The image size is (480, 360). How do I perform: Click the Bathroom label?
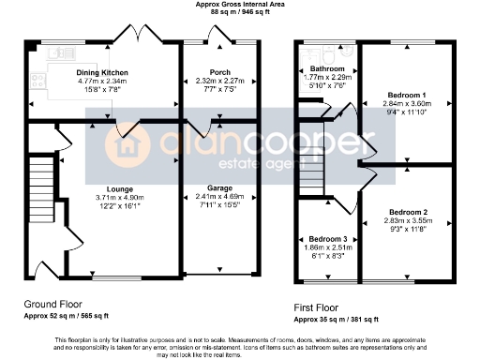(x=328, y=69)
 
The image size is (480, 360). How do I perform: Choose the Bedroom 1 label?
(x=407, y=95)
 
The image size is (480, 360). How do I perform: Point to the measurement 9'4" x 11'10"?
(x=407, y=112)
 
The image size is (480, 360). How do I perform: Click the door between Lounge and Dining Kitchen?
(x=126, y=128)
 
